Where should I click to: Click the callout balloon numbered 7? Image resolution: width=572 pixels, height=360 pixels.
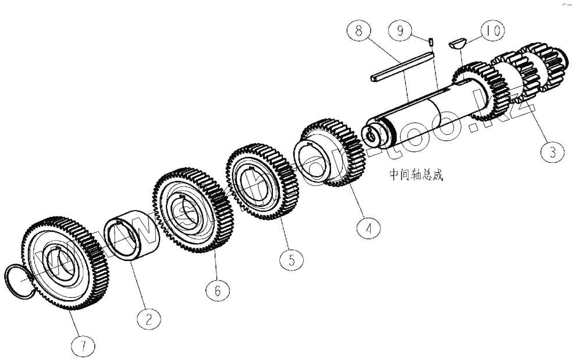click(x=83, y=347)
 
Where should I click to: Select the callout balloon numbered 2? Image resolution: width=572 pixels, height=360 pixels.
click(x=149, y=318)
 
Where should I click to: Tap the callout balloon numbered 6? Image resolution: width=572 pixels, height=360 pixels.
click(x=218, y=290)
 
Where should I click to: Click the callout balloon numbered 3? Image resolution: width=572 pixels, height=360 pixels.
click(x=551, y=153)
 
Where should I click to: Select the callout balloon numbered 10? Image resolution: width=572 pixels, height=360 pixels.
click(x=491, y=31)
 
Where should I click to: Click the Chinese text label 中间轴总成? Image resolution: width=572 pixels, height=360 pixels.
click(x=416, y=175)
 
